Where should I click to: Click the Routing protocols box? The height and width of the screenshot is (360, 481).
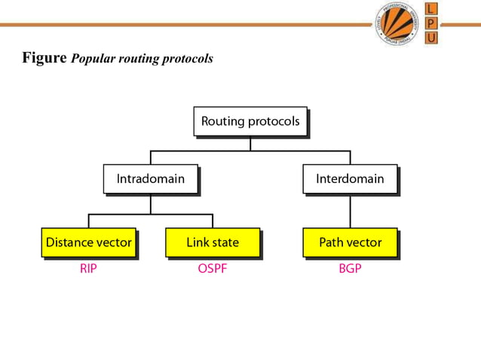(x=250, y=121)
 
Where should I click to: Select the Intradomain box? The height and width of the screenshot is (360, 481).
(x=151, y=179)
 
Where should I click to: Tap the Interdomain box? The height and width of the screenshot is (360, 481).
(x=350, y=179)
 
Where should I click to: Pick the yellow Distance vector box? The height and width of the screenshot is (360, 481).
(x=89, y=243)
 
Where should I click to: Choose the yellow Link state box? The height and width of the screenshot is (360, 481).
(x=213, y=243)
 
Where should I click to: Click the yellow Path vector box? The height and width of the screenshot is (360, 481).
(x=350, y=243)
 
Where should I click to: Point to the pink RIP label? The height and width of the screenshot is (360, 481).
(x=88, y=268)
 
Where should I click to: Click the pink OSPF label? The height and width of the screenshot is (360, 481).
(x=213, y=268)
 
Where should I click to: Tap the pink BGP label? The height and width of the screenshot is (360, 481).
(x=350, y=268)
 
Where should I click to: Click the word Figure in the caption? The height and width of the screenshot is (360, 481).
(x=44, y=57)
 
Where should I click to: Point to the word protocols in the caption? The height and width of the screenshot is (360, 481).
(x=187, y=59)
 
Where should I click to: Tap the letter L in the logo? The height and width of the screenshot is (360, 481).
(x=430, y=8)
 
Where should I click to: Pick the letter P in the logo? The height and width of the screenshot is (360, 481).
(x=430, y=23)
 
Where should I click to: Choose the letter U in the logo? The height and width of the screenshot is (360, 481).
(x=430, y=37)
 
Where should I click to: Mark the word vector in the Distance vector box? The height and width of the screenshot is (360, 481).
(x=113, y=243)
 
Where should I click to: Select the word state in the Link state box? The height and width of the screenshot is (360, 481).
(x=225, y=243)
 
